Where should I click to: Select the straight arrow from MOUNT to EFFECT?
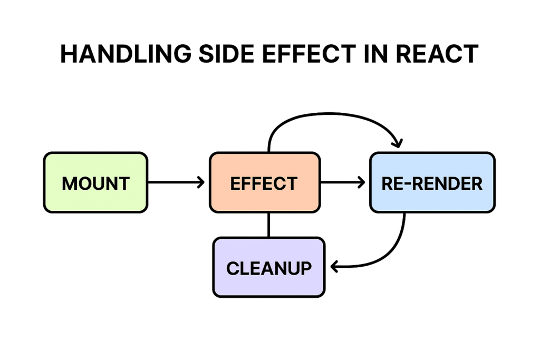coord(176,182)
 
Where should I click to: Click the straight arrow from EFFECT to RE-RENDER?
coord(343,182)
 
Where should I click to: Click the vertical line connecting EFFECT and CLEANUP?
coord(269,225)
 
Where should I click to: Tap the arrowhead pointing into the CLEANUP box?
coord(334,267)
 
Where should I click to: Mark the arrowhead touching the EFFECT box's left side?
coord(201,182)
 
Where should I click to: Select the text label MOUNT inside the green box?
coord(95,183)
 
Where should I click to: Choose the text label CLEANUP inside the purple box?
coord(269,268)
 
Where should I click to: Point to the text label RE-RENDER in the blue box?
coord(432,183)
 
